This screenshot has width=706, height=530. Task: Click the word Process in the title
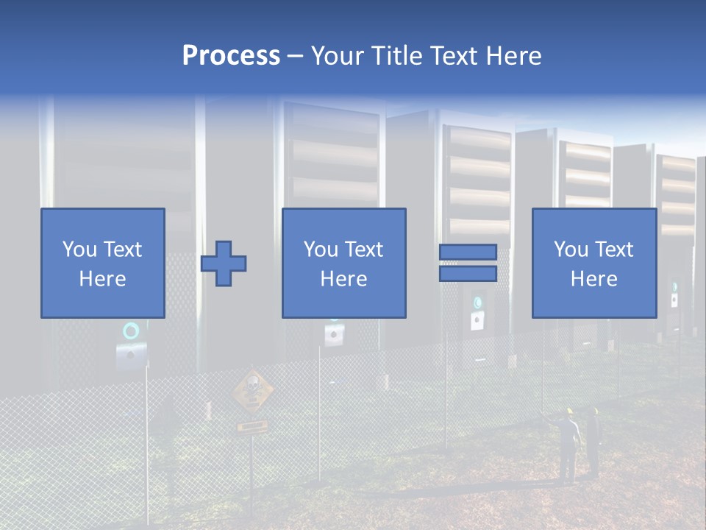click(x=231, y=56)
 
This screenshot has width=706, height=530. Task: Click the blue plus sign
click(x=224, y=264)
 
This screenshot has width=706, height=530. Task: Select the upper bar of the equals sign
click(x=468, y=252)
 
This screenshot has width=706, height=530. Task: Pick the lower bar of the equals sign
click(x=468, y=274)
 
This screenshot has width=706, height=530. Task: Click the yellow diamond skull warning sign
click(x=252, y=389)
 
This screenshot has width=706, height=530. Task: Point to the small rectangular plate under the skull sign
click(x=252, y=425)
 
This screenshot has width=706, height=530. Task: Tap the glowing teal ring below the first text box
click(x=130, y=331)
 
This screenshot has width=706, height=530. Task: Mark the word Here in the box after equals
click(x=593, y=279)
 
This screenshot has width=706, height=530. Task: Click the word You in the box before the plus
click(x=79, y=250)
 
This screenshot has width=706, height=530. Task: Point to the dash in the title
click(x=295, y=56)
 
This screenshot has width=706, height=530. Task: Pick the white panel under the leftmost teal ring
click(x=131, y=355)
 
